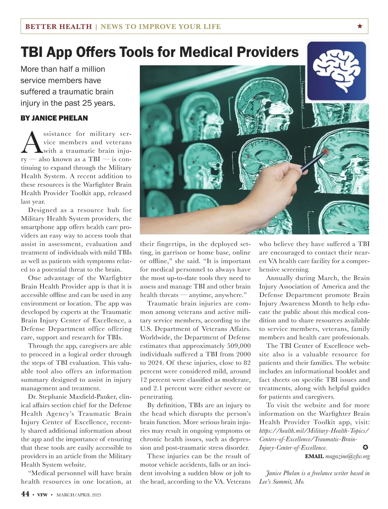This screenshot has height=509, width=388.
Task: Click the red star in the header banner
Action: click(360, 26)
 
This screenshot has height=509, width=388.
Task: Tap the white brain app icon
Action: click(336, 71)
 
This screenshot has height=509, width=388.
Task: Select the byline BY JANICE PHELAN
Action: click(54, 118)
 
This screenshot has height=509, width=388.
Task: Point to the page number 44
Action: click(25, 494)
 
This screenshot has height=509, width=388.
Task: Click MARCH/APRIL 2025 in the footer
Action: click(79, 494)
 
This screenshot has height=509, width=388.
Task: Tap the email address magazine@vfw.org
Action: click(347, 456)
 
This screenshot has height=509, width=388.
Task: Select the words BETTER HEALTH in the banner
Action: click(59, 27)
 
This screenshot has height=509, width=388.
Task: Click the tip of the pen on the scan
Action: click(324, 152)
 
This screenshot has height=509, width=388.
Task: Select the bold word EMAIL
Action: click(314, 456)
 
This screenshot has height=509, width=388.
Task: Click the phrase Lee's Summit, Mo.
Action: click(282, 482)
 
